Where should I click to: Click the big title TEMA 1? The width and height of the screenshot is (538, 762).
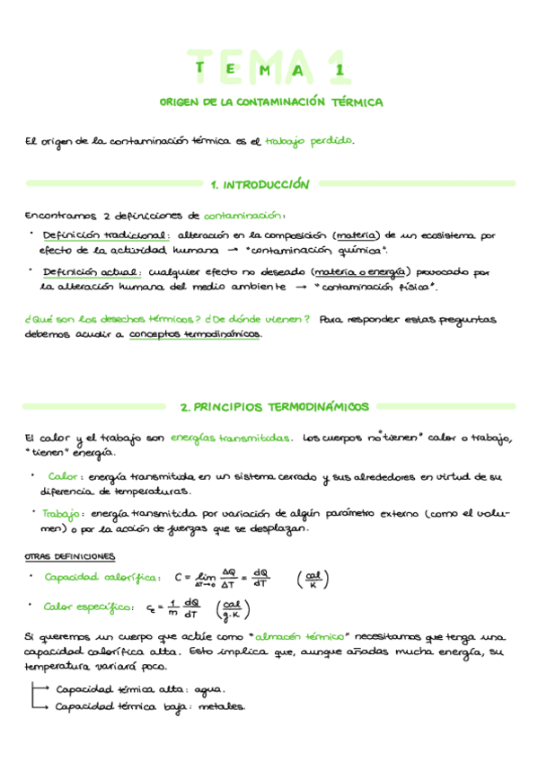click(269, 67)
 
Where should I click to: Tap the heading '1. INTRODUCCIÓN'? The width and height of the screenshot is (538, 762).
click(260, 184)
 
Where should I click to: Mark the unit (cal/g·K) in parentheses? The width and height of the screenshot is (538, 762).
click(233, 610)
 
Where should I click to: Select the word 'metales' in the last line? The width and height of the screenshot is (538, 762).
click(222, 706)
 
